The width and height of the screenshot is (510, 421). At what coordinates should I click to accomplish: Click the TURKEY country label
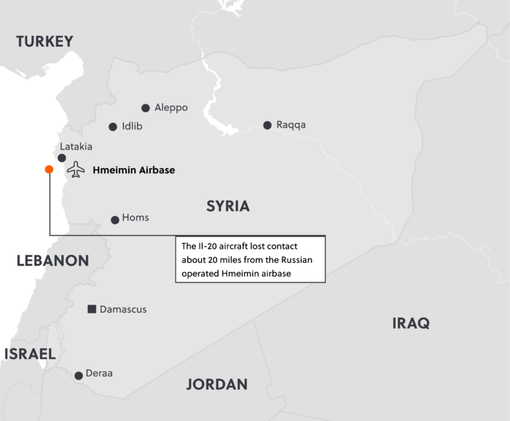point(44,42)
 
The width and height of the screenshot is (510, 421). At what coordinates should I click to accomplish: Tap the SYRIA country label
point(228,206)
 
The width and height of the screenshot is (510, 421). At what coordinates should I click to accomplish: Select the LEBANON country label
point(52,260)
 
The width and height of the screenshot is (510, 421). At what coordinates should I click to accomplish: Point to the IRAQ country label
point(410,323)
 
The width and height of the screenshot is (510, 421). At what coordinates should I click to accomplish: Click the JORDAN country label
point(216,384)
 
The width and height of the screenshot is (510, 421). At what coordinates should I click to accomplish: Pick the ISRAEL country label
point(30,354)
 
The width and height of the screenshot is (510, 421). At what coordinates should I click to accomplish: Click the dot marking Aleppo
point(145,108)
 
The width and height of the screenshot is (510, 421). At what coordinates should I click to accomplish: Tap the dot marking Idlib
point(113,126)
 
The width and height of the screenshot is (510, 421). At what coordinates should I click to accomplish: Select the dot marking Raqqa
point(267,125)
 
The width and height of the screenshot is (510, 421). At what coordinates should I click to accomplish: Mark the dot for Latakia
point(62,158)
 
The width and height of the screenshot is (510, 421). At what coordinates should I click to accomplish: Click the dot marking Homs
point(115,220)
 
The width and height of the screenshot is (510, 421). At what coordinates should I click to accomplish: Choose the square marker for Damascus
point(92,309)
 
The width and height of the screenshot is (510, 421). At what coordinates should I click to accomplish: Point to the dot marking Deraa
point(78,375)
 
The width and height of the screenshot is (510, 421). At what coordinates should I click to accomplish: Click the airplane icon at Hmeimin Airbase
point(76,169)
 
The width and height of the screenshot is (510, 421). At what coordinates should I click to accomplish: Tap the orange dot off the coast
point(49,169)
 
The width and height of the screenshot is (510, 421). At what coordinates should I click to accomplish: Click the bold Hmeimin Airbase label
point(133,170)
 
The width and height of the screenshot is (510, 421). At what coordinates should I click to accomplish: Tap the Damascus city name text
point(123,309)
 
